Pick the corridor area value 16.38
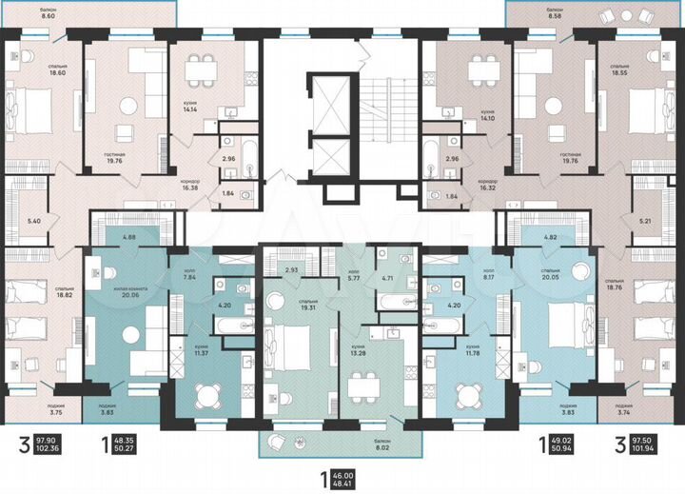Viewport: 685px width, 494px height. click(193, 187)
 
